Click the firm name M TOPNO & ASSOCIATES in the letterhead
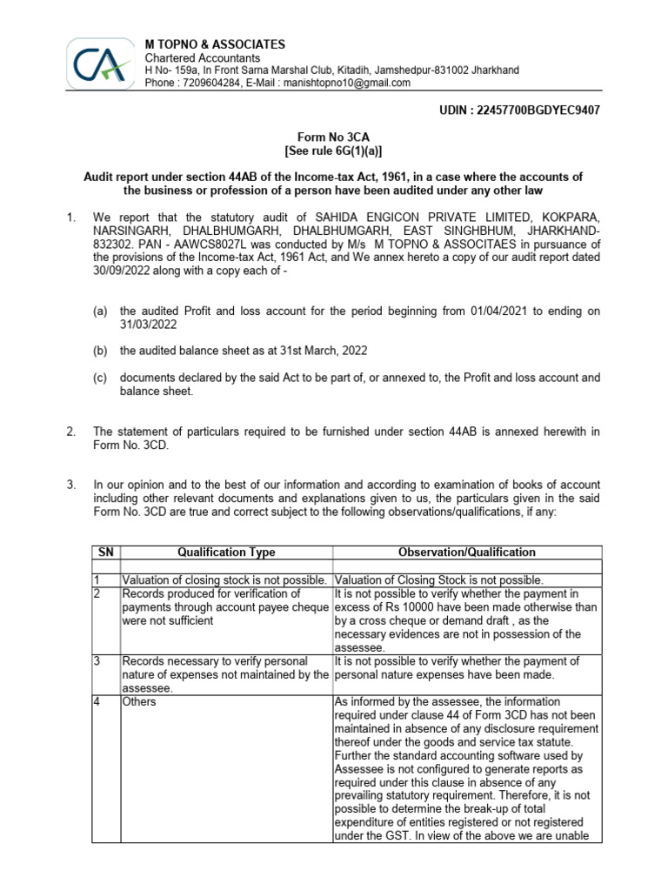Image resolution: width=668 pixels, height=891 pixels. tap(215, 44)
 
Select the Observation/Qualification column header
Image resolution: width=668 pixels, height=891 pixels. tap(466, 552)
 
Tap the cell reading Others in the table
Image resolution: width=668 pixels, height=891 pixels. tap(139, 701)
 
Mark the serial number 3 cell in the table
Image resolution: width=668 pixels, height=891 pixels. tap(98, 661)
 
